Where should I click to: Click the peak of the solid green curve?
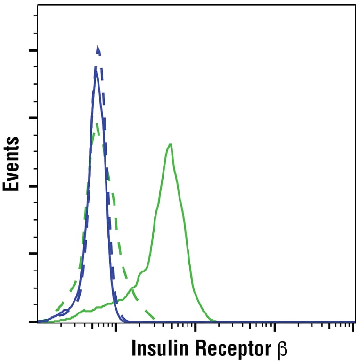pos(170,144)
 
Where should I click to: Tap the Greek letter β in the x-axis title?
pos(282,350)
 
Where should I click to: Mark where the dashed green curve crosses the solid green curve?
pos(132,288)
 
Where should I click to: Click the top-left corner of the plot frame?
pos(37,6)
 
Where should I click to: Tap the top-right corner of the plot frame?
pos(355,6)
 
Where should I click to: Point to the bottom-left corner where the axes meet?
pos(37,322)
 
